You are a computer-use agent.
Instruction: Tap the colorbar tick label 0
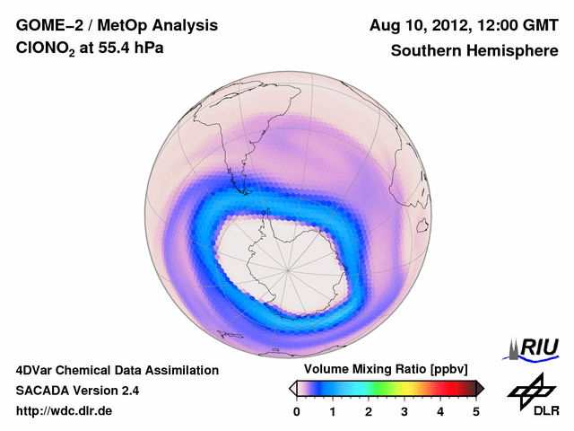click(x=297, y=411)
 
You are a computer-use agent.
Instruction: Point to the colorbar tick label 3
click(x=404, y=411)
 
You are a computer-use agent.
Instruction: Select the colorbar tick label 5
click(x=476, y=411)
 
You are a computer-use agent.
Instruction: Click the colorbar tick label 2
click(x=369, y=411)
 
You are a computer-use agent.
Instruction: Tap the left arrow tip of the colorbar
click(x=291, y=388)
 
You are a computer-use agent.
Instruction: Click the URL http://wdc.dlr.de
click(x=65, y=411)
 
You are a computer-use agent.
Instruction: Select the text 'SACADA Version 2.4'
click(x=77, y=391)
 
